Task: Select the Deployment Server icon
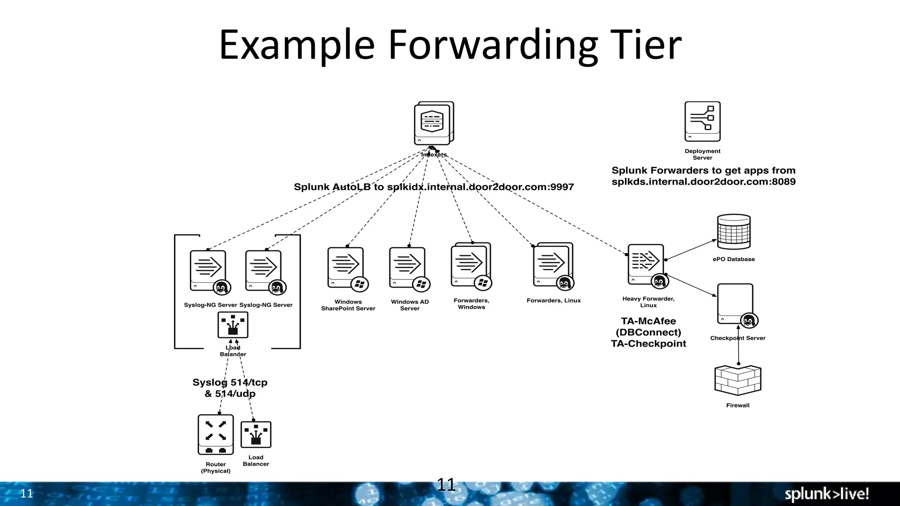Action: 702,121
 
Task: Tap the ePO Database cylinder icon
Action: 733,231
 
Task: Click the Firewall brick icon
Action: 737,380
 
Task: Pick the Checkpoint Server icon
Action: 736,304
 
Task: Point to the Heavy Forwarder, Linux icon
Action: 646,265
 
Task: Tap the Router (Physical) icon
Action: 215,434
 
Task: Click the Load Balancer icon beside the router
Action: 256,434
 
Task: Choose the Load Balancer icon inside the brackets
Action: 233,325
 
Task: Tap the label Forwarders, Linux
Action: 553,300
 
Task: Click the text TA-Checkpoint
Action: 648,344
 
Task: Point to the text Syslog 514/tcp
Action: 230,382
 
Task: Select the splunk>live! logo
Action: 827,494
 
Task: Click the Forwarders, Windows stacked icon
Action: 470,264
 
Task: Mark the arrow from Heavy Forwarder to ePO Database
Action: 691,249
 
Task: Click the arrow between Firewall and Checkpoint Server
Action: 738,345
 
